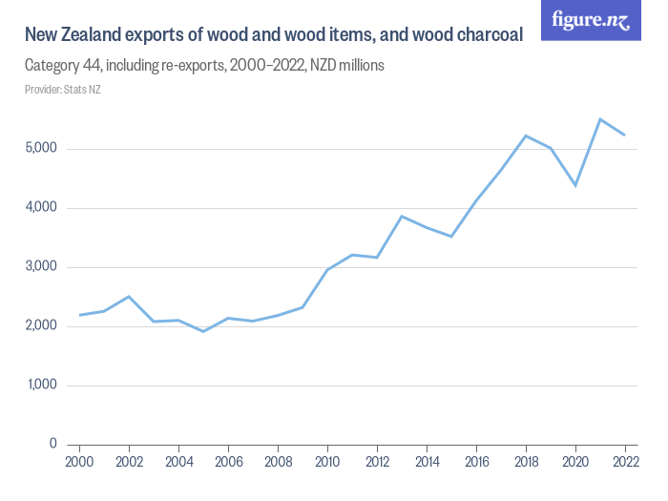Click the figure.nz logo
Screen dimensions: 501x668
coord(591,20)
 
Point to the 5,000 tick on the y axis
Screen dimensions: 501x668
coord(41,149)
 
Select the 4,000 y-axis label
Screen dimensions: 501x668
coord(41,208)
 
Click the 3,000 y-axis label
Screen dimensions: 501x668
coord(41,267)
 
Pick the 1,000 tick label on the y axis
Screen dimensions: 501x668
coord(41,386)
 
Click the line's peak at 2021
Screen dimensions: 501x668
coord(600,119)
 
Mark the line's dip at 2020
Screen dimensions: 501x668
coord(575,185)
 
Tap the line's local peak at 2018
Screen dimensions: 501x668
coord(526,136)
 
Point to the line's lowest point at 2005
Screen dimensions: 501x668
coord(203,331)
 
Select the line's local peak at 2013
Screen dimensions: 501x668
coord(402,216)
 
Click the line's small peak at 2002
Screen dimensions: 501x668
coord(129,297)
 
